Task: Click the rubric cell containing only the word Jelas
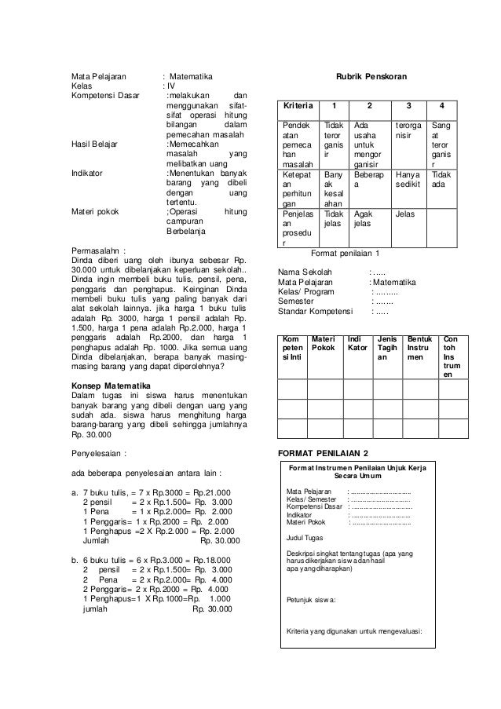pos(406,213)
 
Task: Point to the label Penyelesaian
pos(99,453)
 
